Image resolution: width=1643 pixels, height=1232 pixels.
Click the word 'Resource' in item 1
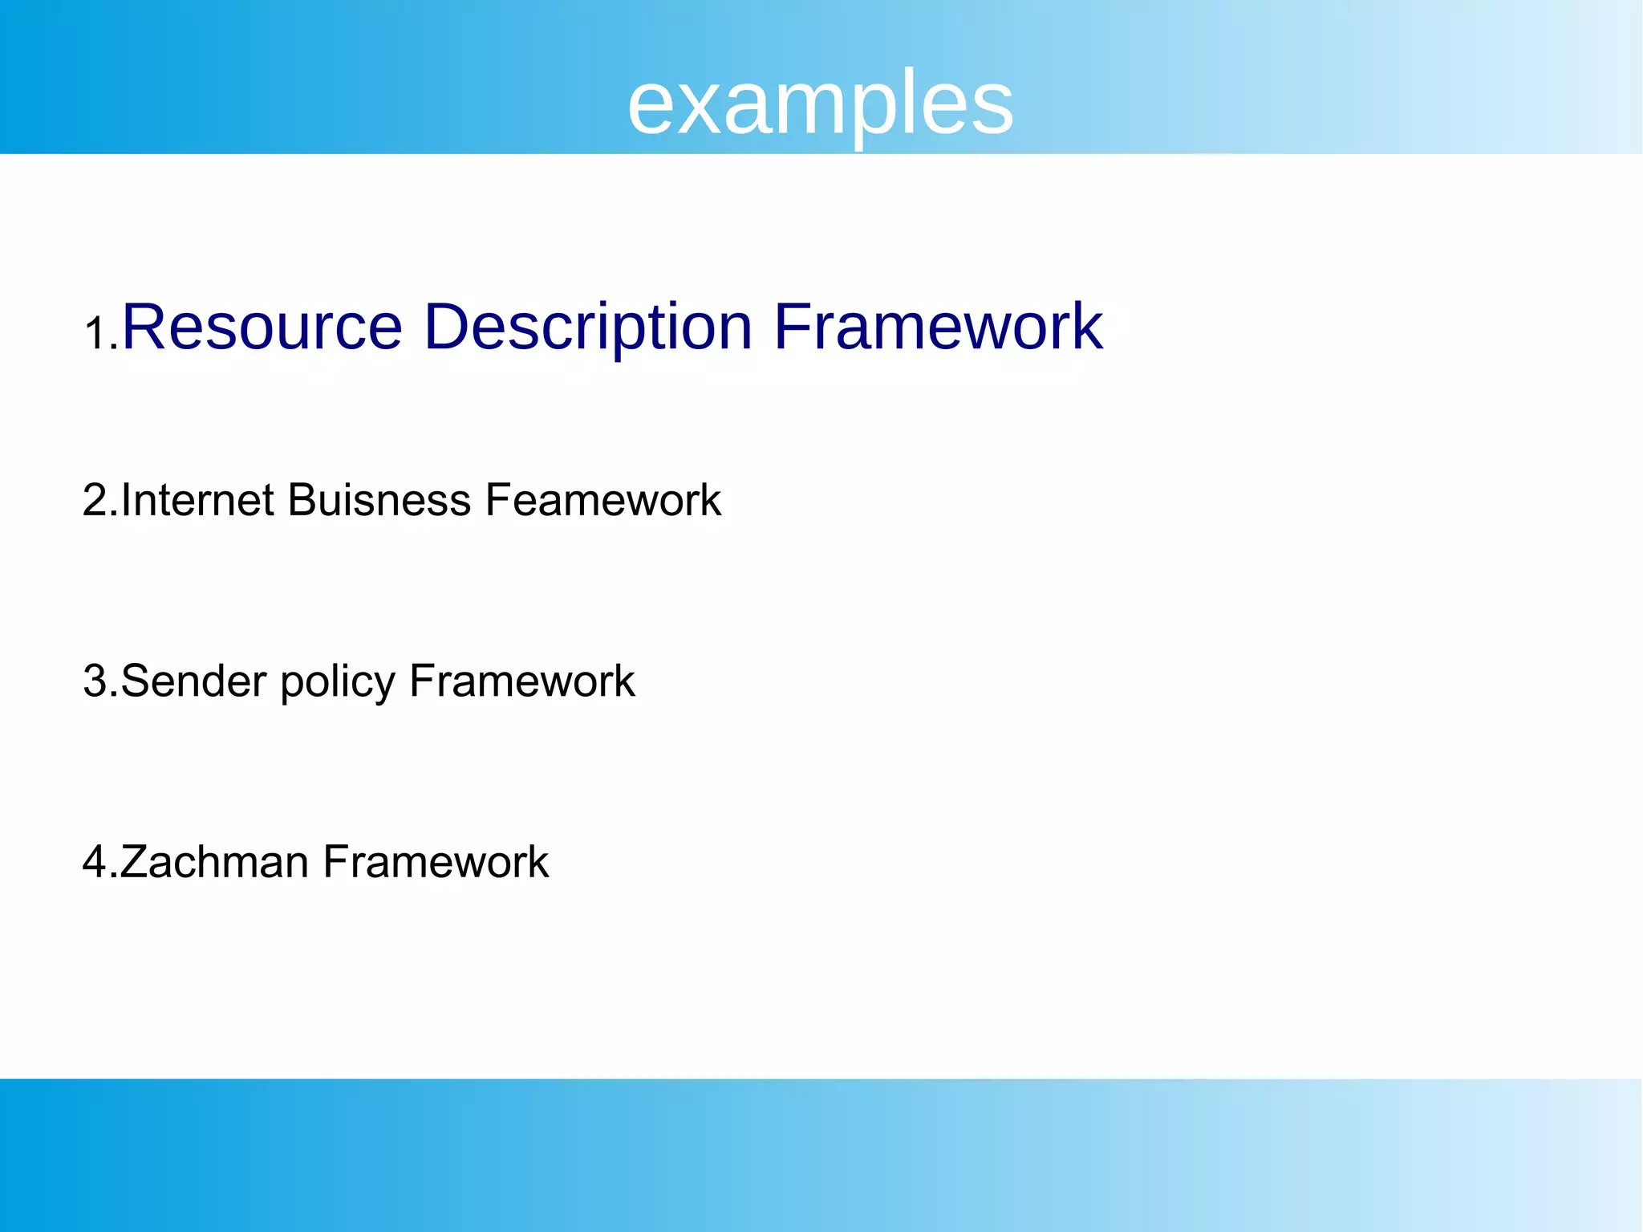[x=262, y=327]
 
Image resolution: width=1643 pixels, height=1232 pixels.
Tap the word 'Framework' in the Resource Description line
[x=938, y=327]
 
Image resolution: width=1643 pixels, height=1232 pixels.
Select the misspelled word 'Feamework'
[x=602, y=500]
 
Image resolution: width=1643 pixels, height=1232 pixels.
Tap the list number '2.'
[x=100, y=500]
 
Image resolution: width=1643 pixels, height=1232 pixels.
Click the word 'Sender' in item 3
[x=193, y=681]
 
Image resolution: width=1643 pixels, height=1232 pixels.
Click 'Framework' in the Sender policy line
[x=521, y=681]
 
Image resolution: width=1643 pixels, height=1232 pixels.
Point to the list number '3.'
[x=100, y=681]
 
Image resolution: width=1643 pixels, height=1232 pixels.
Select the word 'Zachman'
[x=215, y=862]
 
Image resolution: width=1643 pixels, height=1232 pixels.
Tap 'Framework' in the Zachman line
[x=436, y=862]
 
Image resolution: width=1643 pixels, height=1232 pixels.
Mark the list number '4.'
[x=100, y=862]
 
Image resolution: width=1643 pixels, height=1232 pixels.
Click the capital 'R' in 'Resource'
[x=144, y=327]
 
